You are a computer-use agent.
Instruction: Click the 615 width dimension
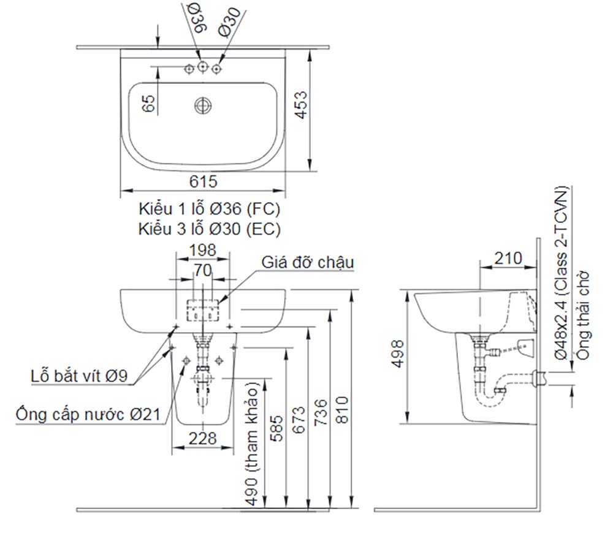pos(203,181)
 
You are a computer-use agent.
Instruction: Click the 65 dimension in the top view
pos(148,103)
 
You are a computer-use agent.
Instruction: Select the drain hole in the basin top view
pos(203,106)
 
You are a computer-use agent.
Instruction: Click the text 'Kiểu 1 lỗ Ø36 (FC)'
pos(209,209)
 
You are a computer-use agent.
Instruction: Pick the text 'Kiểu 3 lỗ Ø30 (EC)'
pos(209,229)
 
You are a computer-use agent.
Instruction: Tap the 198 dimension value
pos(203,250)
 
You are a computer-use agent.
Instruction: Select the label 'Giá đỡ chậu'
pos(308,262)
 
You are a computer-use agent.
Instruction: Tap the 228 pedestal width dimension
pos(202,438)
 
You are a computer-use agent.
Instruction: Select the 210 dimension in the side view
pos(509,258)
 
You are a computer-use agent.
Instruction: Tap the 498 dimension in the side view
pos(398,353)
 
